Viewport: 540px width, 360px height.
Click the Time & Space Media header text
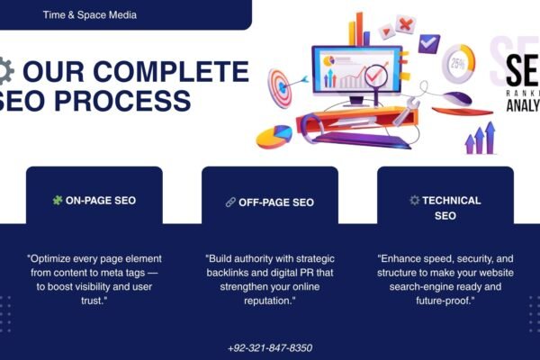(x=89, y=15)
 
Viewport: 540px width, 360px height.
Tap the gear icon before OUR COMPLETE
(x=4, y=70)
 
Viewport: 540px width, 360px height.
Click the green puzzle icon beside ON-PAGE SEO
(x=58, y=200)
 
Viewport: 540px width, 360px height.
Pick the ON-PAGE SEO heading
(x=101, y=201)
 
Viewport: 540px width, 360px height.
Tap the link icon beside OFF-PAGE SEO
(x=230, y=202)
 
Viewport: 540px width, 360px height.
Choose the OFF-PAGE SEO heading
(x=276, y=202)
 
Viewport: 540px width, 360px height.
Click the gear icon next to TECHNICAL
(x=414, y=201)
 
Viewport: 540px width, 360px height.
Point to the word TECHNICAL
(x=452, y=201)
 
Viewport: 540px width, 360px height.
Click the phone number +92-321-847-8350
(x=270, y=347)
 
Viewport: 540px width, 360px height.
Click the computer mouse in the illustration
(x=456, y=98)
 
